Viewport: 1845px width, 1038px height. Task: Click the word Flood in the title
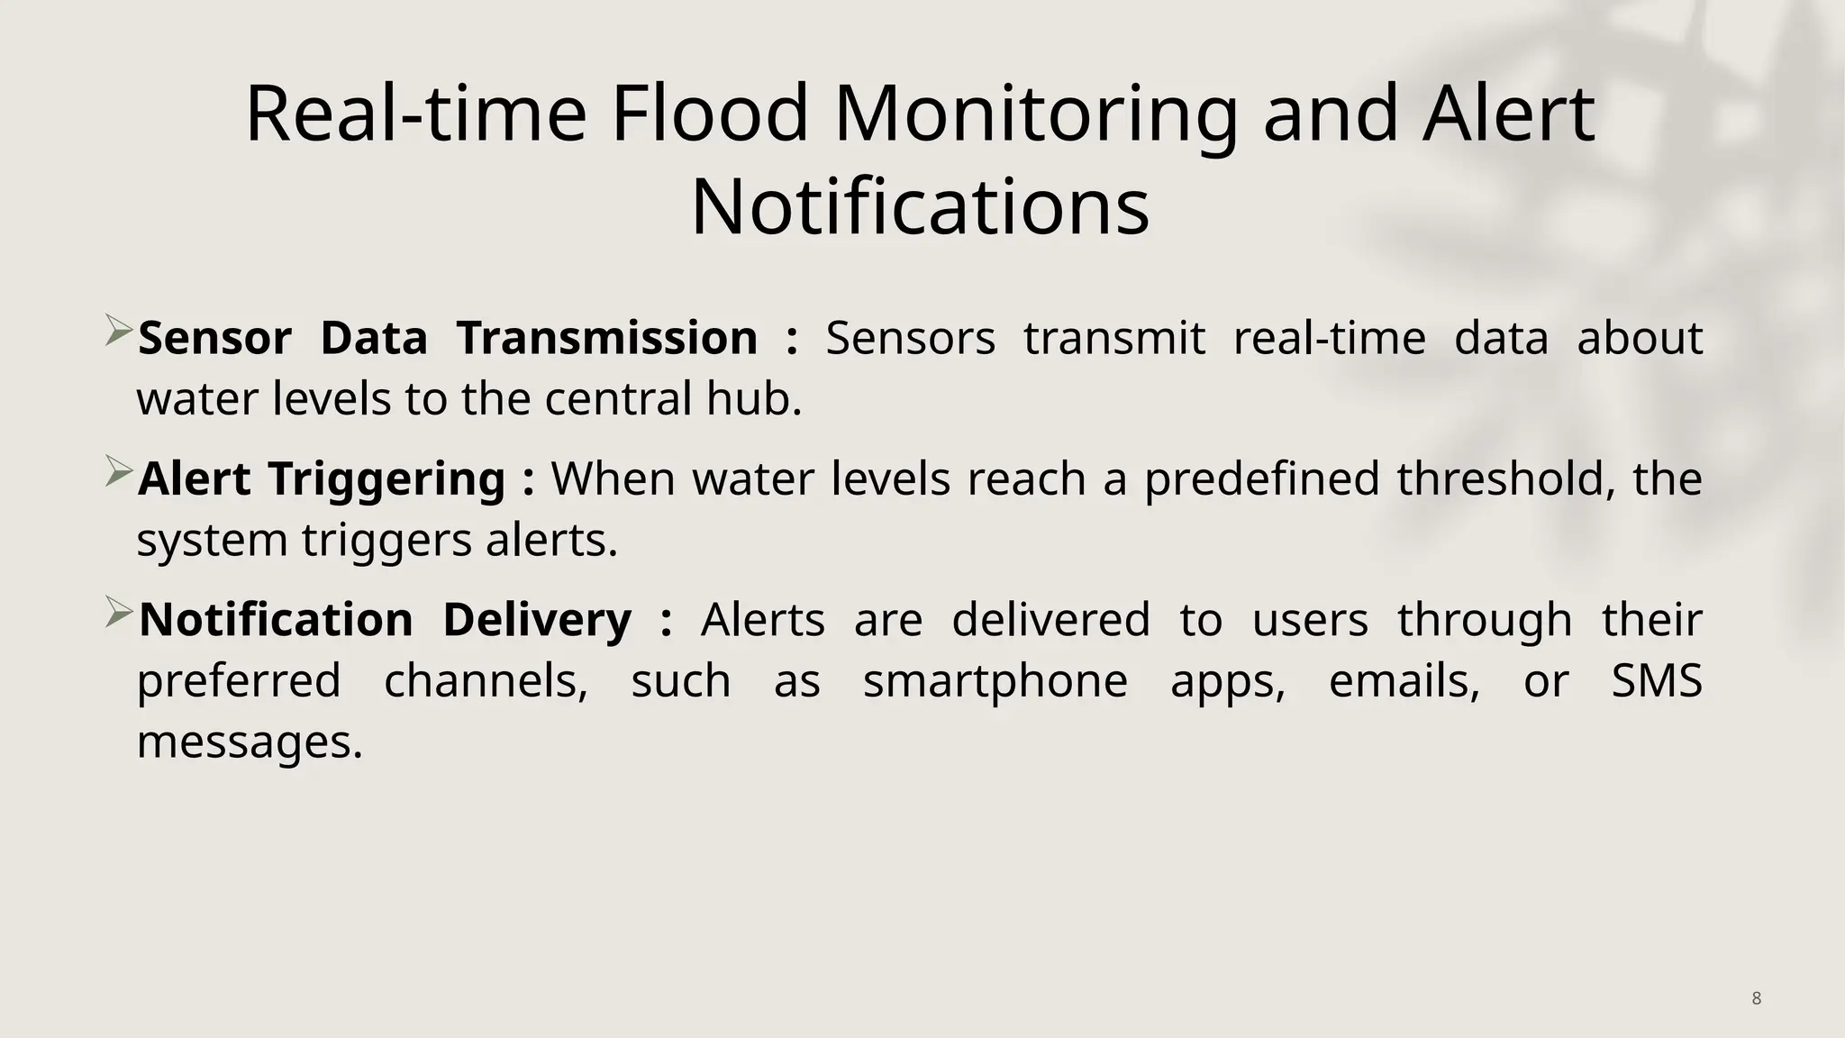(x=710, y=114)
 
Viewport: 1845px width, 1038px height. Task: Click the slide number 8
(x=1756, y=998)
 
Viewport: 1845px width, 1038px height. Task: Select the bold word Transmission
(x=606, y=339)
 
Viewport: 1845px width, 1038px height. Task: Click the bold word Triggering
(x=386, y=479)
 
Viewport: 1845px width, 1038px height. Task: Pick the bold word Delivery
(x=537, y=620)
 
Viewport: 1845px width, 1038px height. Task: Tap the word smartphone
(x=995, y=681)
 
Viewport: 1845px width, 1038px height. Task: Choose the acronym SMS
(x=1656, y=681)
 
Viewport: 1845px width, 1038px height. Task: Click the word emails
(x=1404, y=681)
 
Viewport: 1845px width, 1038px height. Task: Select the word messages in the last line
(x=249, y=742)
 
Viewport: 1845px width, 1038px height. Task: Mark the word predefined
(x=1261, y=478)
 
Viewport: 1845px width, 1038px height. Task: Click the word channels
(x=486, y=681)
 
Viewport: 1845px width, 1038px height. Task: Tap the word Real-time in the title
(x=415, y=114)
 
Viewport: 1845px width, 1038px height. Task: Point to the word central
(x=618, y=399)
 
